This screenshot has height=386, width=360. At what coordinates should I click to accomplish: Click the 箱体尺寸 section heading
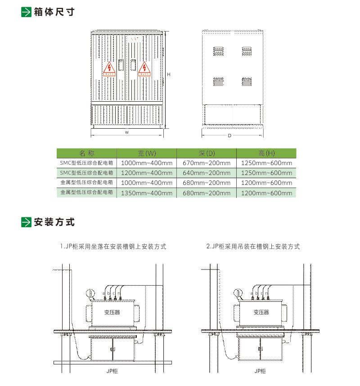pos(54,12)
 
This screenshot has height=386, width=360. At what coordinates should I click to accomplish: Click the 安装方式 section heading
pos(54,222)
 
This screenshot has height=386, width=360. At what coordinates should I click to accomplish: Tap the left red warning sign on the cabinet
pos(109,69)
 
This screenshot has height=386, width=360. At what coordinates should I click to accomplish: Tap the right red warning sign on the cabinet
pos(144,69)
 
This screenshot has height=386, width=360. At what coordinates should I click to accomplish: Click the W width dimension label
pos(127,132)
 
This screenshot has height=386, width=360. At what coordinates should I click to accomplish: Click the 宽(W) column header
pos(147,153)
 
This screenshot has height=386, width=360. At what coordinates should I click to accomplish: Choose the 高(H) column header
pos(266,153)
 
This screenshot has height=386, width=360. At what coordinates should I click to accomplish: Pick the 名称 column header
pos(86,153)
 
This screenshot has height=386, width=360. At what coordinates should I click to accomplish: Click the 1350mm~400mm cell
pos(147,193)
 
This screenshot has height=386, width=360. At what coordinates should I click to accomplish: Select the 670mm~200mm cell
pos(207,163)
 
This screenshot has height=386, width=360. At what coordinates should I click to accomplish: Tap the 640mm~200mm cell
pos(207,173)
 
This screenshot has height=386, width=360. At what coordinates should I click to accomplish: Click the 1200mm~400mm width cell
pos(147,173)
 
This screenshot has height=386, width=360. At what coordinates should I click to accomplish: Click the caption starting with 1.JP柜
pos(113,247)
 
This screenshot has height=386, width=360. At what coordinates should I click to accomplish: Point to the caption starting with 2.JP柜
pos(253,247)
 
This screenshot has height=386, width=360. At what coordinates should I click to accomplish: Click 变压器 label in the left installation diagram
pos(112,312)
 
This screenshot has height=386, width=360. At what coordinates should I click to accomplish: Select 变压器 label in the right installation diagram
pos(261,312)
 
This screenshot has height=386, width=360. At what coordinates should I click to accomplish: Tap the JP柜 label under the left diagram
pos(112,371)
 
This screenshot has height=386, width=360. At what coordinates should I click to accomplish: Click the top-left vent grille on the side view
pos(218,51)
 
